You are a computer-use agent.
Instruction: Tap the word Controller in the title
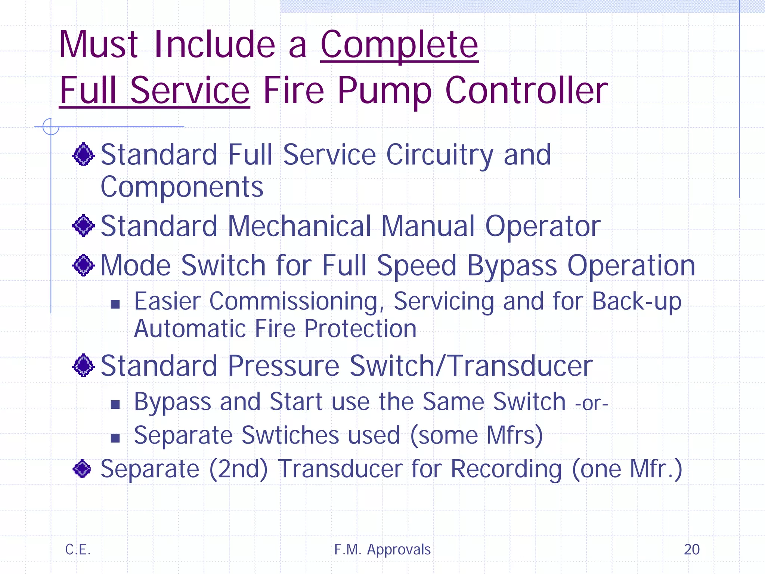pyautogui.click(x=527, y=90)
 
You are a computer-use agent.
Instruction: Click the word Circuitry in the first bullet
pyautogui.click(x=440, y=155)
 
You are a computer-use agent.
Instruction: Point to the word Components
pyautogui.click(x=182, y=187)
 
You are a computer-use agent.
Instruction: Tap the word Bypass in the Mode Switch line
pyautogui.click(x=512, y=266)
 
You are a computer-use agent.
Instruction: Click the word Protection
pyautogui.click(x=360, y=329)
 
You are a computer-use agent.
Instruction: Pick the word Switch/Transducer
pyautogui.click(x=471, y=366)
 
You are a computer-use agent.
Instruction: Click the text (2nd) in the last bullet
pyautogui.click(x=238, y=469)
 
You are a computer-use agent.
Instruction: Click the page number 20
pyautogui.click(x=691, y=549)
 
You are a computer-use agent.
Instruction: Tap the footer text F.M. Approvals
pyautogui.click(x=382, y=549)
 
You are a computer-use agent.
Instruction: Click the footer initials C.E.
pyautogui.click(x=78, y=549)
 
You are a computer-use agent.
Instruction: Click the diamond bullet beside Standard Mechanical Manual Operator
pyautogui.click(x=83, y=226)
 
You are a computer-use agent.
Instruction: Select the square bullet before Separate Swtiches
pyautogui.click(x=115, y=438)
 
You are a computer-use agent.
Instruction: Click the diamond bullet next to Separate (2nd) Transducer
pyautogui.click(x=82, y=469)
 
